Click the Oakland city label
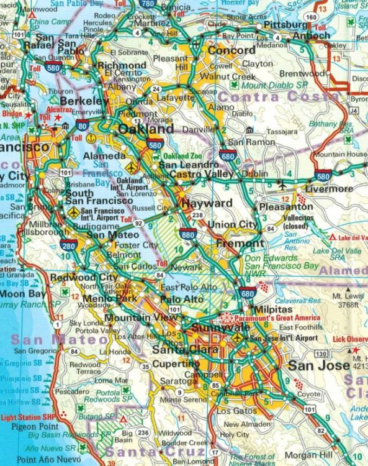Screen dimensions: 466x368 coord(146,129)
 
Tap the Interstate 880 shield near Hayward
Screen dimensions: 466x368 coord(189,234)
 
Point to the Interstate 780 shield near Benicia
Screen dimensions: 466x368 coord(147,4)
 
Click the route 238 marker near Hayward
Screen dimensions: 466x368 coord(197,215)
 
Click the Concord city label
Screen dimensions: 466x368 coord(231,50)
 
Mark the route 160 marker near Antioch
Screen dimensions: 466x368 coord(311,16)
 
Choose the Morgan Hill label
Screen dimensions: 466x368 coord(308,455)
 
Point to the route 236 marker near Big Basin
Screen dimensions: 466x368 coord(143,432)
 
